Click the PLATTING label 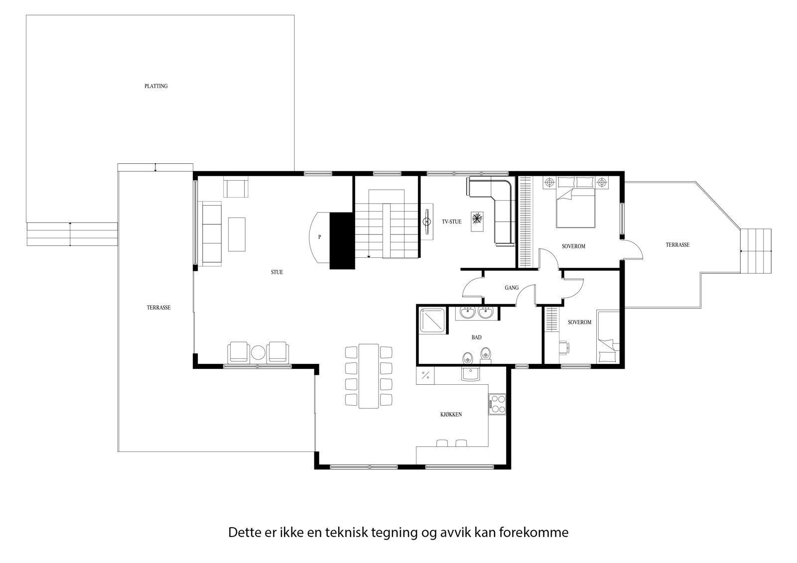pos(156,86)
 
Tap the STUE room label pos(277,272)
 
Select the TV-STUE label pos(451,222)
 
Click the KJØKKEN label pos(451,414)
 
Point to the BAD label pos(476,338)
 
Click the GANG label pos(512,288)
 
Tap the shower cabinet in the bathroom pos(432,320)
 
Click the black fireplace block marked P pos(342,240)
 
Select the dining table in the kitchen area pos(369,375)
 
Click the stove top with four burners pos(497,404)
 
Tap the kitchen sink pos(470,373)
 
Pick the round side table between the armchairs pos(258,352)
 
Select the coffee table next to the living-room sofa pos(237,234)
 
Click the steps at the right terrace pos(756,251)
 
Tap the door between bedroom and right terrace pos(632,249)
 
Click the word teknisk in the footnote pos(346,533)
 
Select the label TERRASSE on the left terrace pos(158,308)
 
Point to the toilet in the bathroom pos(486,355)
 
